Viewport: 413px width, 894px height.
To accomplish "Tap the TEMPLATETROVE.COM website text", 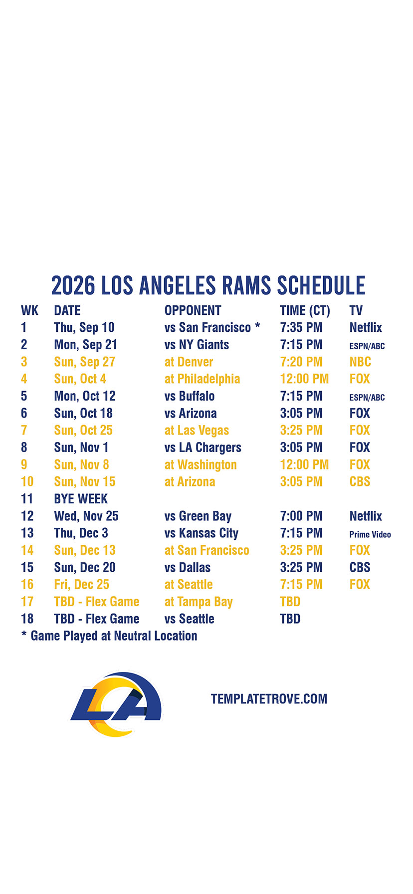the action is point(269,699).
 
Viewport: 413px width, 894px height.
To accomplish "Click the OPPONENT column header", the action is point(193,310).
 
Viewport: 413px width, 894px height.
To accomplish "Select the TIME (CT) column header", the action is point(305,311).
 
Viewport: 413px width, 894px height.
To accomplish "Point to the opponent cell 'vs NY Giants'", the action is point(197,345).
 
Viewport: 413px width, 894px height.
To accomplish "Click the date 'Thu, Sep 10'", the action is point(84,328).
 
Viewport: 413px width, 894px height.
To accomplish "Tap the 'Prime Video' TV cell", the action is point(370,534).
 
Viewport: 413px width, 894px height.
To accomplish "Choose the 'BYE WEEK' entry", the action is point(81,499).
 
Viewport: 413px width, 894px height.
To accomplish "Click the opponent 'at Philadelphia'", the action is point(202,379).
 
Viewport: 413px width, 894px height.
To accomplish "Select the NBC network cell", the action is point(360,362).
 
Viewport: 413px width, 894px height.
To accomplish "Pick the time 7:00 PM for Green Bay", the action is point(301,516).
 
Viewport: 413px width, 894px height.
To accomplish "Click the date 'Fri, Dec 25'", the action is point(82,585).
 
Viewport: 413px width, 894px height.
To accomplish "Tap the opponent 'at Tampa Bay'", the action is point(199,602).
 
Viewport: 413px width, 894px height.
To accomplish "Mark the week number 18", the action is point(27,619).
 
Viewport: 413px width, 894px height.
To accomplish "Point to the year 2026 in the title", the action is point(73,285).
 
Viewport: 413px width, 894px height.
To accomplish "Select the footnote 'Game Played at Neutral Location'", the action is point(114,636).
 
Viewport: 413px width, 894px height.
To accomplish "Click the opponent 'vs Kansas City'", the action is point(202,533).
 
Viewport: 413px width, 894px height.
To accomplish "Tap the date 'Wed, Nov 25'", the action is point(86,516).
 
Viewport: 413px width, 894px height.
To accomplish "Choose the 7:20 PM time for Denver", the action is point(301,362).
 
